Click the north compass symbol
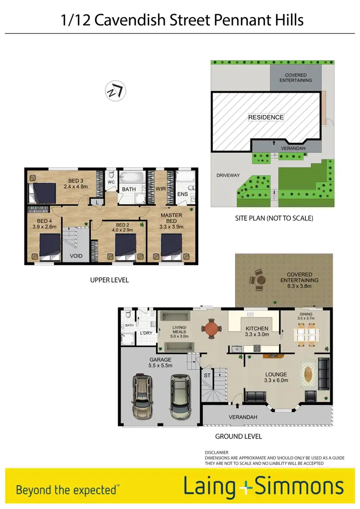coord(115,91)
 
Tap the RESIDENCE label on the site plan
coord(265,117)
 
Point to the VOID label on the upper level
coord(76,256)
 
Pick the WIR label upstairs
coord(160,189)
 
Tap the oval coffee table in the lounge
coord(308,374)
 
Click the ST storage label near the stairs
coord(207,375)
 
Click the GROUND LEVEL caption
coord(238,437)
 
